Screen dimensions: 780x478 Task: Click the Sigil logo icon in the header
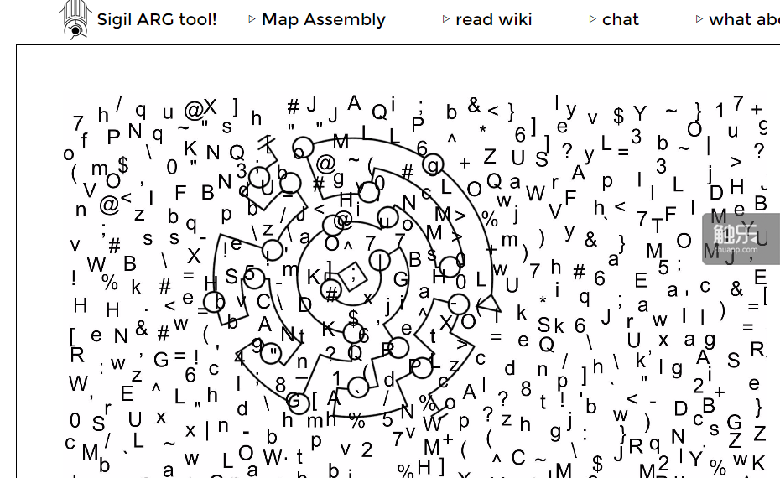(75, 18)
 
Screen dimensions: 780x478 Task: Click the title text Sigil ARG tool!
(157, 19)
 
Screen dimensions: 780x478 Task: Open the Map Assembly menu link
(323, 19)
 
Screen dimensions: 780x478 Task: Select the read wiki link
(493, 19)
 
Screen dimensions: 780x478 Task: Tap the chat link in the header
(620, 19)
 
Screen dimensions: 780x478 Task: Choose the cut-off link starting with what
(743, 19)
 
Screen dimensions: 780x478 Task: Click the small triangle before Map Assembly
(252, 19)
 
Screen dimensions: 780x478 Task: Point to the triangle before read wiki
(445, 19)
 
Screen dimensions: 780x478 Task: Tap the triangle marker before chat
(592, 19)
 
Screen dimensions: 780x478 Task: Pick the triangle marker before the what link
(699, 19)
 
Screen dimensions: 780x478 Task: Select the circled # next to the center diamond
(331, 293)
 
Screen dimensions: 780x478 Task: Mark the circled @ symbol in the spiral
(342, 221)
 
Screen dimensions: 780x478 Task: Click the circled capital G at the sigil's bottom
(297, 402)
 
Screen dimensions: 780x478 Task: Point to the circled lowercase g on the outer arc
(433, 164)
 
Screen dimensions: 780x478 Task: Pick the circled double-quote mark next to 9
(271, 352)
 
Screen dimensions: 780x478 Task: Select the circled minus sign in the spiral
(458, 304)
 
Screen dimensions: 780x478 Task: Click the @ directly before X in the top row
(195, 110)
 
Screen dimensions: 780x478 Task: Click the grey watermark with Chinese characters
(741, 238)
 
